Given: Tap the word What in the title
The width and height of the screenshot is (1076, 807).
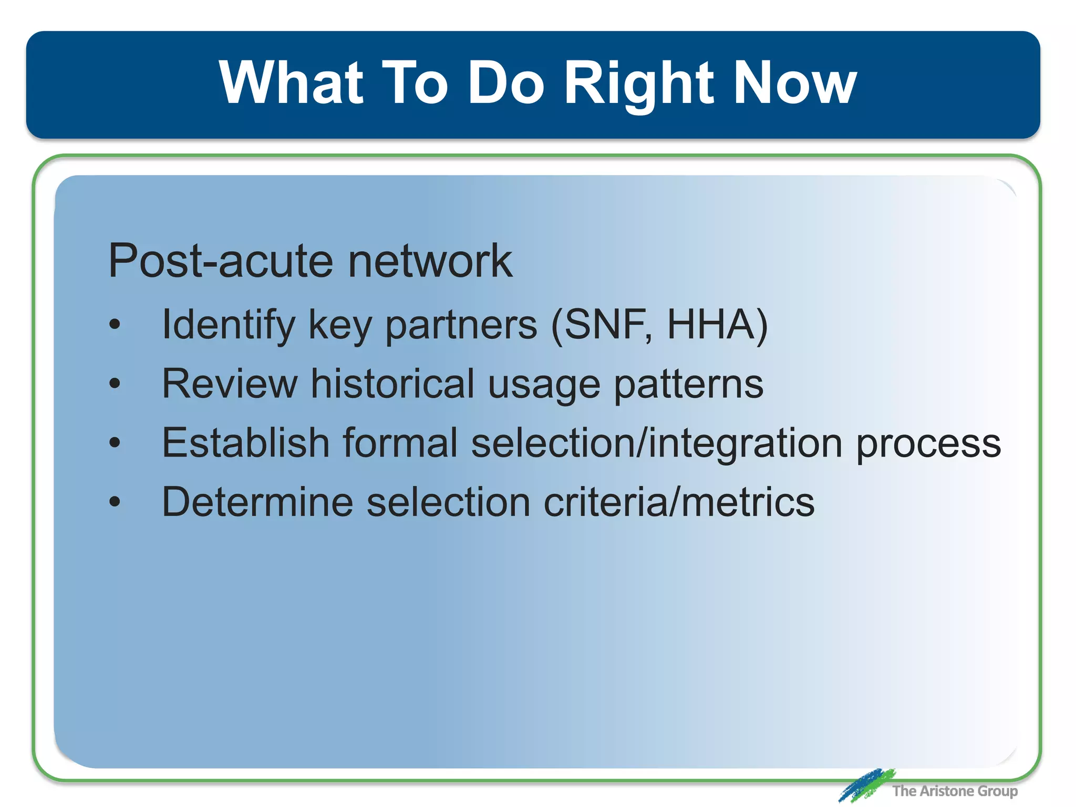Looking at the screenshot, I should (292, 83).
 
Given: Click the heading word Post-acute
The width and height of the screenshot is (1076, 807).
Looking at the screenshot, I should (221, 261).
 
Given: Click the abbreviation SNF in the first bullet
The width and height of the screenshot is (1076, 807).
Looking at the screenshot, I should (604, 324).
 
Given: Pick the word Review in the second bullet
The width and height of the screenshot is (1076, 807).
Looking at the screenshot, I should (230, 384).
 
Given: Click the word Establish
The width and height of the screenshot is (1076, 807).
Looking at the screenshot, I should (245, 443).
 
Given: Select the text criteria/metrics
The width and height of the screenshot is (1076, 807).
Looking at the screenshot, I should (679, 502).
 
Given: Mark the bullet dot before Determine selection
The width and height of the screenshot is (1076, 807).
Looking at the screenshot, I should (115, 502).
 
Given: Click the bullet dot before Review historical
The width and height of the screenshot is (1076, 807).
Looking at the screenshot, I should (115, 384).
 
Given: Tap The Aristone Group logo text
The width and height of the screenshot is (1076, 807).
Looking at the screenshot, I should (955, 791).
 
